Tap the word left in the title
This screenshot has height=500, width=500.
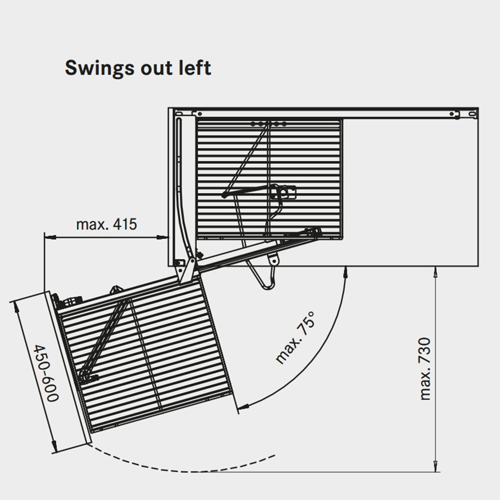195,67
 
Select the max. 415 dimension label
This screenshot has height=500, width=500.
106,225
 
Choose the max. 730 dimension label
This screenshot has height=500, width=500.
426,368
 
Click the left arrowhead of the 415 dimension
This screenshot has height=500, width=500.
47,238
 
